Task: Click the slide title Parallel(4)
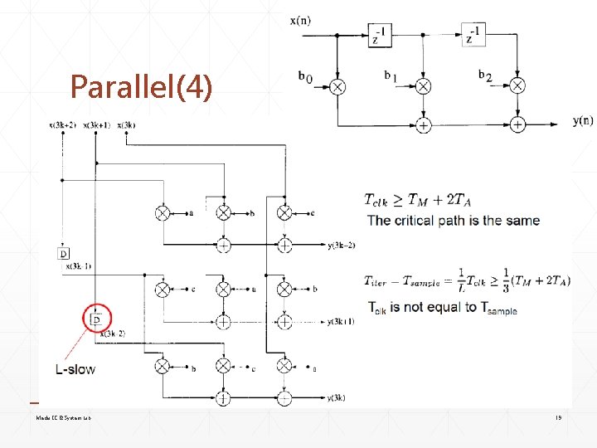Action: pos(141,86)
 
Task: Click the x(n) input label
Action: pos(300,20)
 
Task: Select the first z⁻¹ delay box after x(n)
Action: pos(378,33)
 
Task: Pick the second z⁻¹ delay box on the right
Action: pos(474,33)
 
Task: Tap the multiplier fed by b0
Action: pos(338,86)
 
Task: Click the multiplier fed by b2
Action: pos(517,85)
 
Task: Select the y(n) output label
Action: pos(582,121)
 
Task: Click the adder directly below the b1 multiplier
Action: pos(424,124)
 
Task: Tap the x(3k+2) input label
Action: pos(62,125)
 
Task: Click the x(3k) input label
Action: pos(127,125)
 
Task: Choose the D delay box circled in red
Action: pos(96,317)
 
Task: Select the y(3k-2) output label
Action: pos(342,245)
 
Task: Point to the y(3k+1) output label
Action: pos(342,321)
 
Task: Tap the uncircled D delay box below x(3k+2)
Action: pos(64,252)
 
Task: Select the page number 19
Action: pos(559,419)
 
